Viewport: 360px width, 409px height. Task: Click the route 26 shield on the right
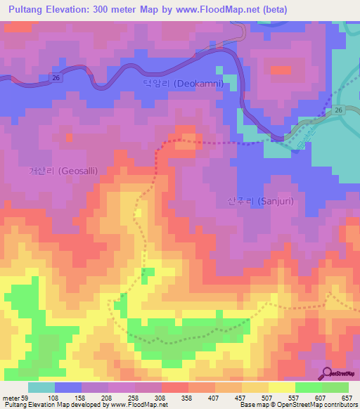click(x=338, y=111)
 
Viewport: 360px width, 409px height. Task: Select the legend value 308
click(x=161, y=397)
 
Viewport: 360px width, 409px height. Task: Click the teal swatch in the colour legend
click(x=41, y=387)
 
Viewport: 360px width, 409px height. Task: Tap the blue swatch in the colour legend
click(x=68, y=387)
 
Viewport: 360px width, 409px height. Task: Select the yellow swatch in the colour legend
click(x=281, y=387)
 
